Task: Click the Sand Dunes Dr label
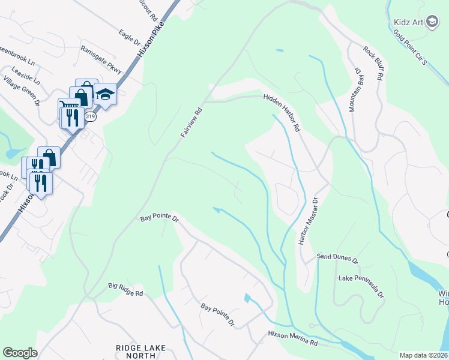point(337,262)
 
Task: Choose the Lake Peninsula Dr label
point(361,287)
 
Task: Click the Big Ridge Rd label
point(126,290)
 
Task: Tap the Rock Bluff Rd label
point(372,62)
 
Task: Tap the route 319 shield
point(90,117)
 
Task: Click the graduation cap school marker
point(105,95)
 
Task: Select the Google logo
point(20,353)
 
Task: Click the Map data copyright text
point(423,355)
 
